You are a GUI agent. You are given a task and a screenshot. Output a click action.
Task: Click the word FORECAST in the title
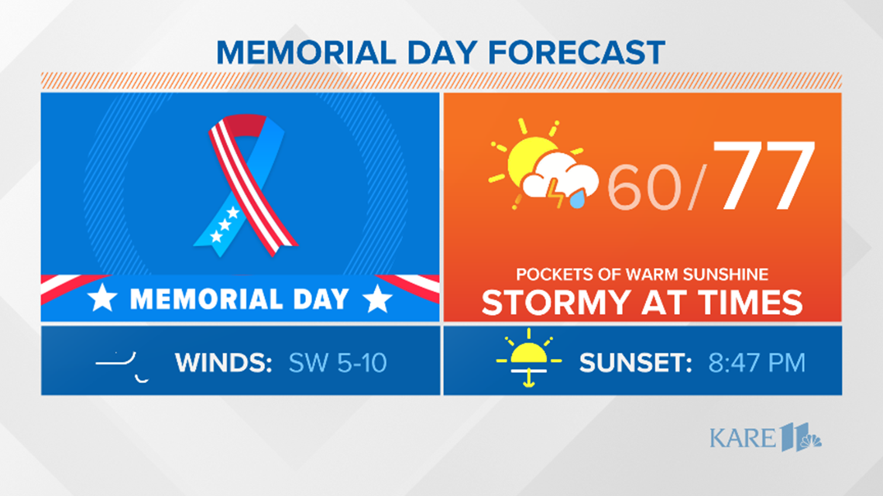576,53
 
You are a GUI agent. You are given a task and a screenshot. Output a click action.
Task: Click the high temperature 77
764,176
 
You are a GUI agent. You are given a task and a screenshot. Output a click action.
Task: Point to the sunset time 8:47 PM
757,363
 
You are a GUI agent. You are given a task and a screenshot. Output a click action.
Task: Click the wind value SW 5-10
337,363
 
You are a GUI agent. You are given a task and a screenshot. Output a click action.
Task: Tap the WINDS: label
224,363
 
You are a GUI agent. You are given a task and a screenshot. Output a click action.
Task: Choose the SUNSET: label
636,363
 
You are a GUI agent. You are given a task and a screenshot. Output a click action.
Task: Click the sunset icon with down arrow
529,358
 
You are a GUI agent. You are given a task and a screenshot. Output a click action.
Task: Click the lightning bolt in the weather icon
555,193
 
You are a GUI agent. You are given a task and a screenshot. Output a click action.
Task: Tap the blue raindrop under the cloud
576,200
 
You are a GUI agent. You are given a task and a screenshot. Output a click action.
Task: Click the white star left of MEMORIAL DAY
102,298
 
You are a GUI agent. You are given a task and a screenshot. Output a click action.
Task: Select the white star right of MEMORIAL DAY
377,299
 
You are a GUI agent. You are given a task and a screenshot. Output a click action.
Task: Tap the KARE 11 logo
765,437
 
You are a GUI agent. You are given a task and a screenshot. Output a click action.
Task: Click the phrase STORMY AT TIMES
642,302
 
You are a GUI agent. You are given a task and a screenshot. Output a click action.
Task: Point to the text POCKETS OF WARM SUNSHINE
642,275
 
